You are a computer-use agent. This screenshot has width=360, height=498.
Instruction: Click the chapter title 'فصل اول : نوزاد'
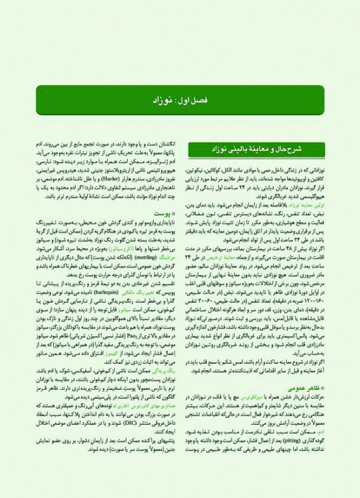(x=180, y=102)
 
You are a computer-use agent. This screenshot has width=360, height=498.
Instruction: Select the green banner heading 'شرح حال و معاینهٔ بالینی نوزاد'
(x=263, y=150)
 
